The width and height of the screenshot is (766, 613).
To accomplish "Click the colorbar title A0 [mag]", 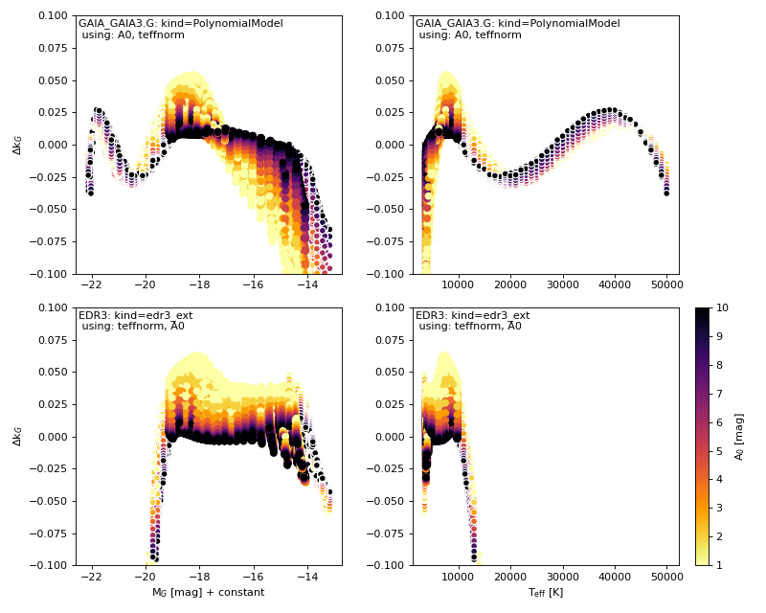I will click(739, 436).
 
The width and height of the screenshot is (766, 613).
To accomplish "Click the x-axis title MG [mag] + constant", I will click(208, 593).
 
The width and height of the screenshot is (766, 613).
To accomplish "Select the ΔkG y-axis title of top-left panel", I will click(17, 145).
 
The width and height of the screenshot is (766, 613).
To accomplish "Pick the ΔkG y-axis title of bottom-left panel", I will click(17, 436).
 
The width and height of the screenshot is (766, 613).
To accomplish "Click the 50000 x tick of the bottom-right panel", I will click(666, 577).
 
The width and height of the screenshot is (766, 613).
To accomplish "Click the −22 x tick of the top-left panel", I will click(90, 285).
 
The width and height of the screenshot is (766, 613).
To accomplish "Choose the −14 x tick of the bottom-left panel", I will click(308, 577).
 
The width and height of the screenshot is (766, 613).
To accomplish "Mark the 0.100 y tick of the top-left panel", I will click(53, 15).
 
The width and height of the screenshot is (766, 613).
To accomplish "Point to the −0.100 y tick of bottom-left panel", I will click(50, 565).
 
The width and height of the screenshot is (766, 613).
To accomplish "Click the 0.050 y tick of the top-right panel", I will click(390, 80).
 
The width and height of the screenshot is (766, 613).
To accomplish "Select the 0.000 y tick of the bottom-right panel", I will click(390, 437).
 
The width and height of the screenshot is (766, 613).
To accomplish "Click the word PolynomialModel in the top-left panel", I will click(241, 23).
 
